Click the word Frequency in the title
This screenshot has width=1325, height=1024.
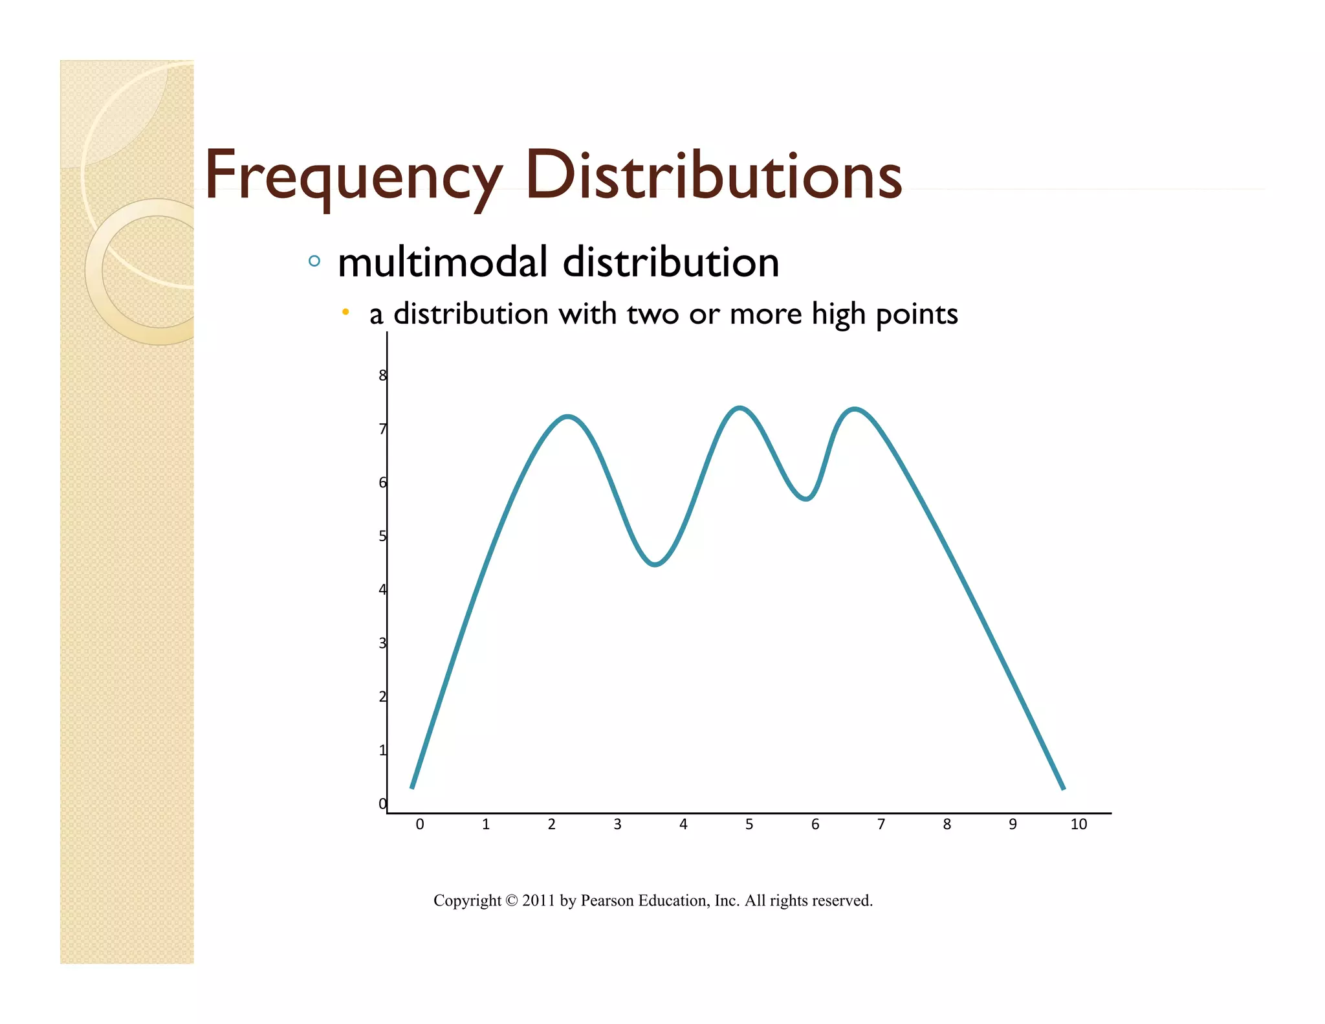(353, 176)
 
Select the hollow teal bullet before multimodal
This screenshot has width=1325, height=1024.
(314, 262)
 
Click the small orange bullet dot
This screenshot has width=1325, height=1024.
(345, 313)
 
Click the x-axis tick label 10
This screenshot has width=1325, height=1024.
(1079, 824)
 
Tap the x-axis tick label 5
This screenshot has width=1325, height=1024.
(749, 824)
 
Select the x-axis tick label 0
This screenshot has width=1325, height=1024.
(420, 824)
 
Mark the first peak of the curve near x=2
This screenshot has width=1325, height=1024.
(568, 416)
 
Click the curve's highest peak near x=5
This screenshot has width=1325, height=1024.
(739, 408)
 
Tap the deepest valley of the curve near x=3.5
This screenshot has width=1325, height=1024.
(655, 564)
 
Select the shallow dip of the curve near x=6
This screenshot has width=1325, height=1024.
(806, 499)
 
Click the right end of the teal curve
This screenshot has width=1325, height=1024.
(1063, 788)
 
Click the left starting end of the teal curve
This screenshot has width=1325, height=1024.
(412, 786)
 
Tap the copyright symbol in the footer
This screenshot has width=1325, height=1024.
(511, 900)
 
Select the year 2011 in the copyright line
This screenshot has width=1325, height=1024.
(538, 900)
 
